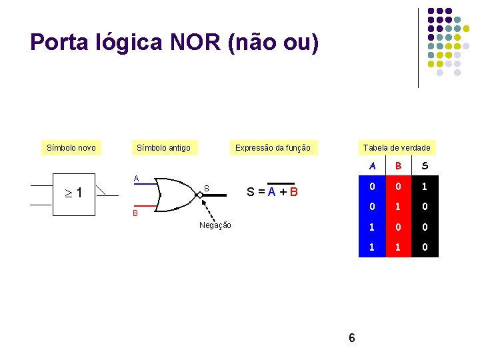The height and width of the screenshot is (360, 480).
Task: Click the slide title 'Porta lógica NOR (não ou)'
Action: [175, 43]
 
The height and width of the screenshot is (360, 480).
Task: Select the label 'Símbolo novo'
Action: [71, 147]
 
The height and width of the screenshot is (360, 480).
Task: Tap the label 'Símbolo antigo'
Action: [163, 147]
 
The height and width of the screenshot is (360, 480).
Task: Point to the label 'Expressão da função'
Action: [273, 147]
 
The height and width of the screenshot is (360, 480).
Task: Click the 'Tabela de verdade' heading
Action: [397, 147]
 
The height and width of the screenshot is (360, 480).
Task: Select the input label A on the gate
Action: [136, 178]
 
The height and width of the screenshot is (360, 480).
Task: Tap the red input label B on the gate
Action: [135, 214]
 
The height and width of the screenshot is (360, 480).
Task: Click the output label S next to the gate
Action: [207, 189]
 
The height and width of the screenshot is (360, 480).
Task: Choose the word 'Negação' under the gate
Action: [215, 225]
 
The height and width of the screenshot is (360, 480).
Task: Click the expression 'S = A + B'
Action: [272, 193]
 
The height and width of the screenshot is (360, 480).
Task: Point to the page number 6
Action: [352, 338]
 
